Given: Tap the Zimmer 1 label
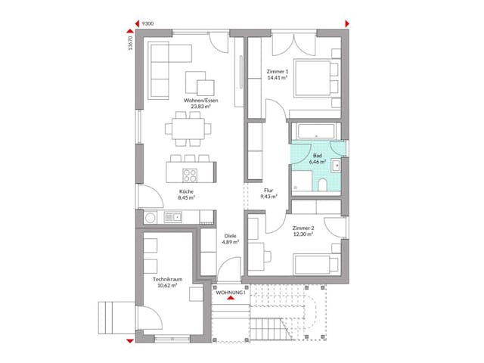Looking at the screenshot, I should [x=277, y=71].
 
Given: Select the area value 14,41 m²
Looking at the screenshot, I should [x=277, y=78].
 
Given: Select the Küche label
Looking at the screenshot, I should [x=186, y=192].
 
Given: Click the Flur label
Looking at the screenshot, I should [x=268, y=191].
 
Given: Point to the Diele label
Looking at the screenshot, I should [x=230, y=236].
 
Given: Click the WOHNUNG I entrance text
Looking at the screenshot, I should [x=231, y=292].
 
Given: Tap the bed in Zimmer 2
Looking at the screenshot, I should [x=316, y=264].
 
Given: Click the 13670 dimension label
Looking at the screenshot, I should [x=131, y=44].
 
